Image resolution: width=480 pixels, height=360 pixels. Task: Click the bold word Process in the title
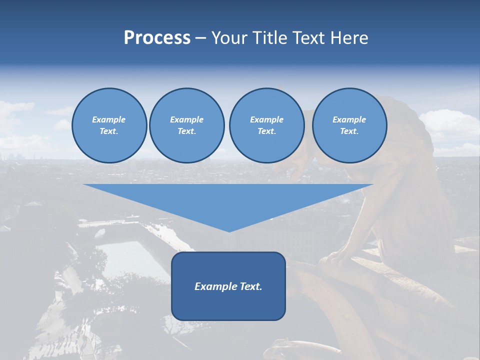(x=157, y=38)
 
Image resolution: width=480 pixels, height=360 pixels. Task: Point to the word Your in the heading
(x=229, y=38)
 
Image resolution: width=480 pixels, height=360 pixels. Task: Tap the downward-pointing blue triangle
(x=228, y=200)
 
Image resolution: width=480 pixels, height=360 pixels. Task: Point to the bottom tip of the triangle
(x=229, y=230)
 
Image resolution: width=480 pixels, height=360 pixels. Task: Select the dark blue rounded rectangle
(x=228, y=305)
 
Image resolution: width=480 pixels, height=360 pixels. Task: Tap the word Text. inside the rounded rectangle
(x=251, y=286)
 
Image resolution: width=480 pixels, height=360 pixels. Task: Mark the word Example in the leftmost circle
(x=109, y=119)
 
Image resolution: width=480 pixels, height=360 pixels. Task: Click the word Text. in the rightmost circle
(x=349, y=131)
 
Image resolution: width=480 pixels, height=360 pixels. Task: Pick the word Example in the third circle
(x=266, y=119)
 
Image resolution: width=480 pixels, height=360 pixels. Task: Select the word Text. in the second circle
(x=186, y=131)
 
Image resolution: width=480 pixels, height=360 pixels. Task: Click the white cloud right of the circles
(x=447, y=125)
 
